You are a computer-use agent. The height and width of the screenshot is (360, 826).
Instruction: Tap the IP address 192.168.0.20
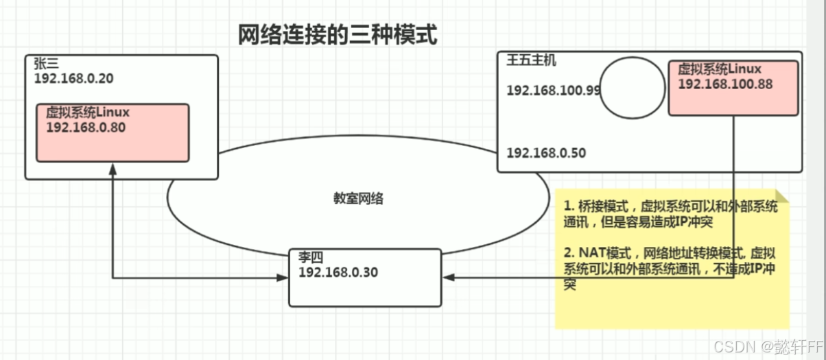pyautogui.click(x=73, y=78)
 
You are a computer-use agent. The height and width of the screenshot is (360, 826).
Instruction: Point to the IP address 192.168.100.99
pyautogui.click(x=554, y=91)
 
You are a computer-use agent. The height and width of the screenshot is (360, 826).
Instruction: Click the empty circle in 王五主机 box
pyautogui.click(x=631, y=88)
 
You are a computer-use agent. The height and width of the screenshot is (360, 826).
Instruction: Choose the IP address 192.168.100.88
pyautogui.click(x=724, y=84)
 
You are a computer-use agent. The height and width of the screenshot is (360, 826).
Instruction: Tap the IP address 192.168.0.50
pyautogui.click(x=546, y=153)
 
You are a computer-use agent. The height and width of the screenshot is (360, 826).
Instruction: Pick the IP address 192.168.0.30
pyautogui.click(x=338, y=272)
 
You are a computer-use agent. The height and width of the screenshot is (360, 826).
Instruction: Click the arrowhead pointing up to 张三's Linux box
pyautogui.click(x=112, y=168)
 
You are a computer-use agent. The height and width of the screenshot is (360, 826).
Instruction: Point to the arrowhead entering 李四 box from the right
pyautogui.click(x=449, y=278)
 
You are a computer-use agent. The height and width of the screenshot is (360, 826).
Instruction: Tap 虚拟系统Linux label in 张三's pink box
pyautogui.click(x=88, y=112)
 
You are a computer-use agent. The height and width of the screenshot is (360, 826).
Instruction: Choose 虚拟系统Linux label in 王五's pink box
pyautogui.click(x=719, y=69)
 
